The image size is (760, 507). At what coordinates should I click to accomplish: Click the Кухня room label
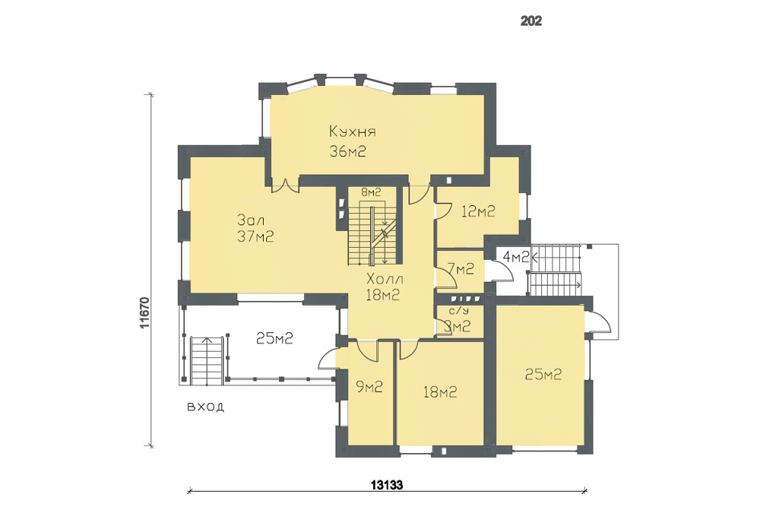point(353,132)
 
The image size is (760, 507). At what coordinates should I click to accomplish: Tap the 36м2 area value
point(347,151)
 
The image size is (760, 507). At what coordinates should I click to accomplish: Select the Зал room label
point(251,220)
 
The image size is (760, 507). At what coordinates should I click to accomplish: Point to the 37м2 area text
point(255,236)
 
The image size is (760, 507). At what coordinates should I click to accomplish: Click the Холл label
point(385,279)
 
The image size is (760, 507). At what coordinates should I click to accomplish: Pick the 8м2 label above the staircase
point(371,192)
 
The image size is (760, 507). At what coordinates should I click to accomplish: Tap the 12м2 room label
point(478,211)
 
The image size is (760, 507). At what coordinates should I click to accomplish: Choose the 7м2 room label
point(461,268)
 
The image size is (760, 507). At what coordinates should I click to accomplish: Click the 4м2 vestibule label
point(516,257)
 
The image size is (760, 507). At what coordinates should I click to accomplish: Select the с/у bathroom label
point(459,311)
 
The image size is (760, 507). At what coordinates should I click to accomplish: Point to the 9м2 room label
point(369,386)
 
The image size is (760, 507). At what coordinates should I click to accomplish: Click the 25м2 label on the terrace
point(274,337)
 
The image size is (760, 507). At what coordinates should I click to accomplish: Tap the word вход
point(205,406)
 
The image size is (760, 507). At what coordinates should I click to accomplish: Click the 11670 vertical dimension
point(144,312)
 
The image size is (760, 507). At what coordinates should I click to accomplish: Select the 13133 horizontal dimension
point(387,485)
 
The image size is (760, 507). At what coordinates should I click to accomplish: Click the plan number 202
point(530,21)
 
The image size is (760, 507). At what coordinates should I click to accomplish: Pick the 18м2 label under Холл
point(382,295)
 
